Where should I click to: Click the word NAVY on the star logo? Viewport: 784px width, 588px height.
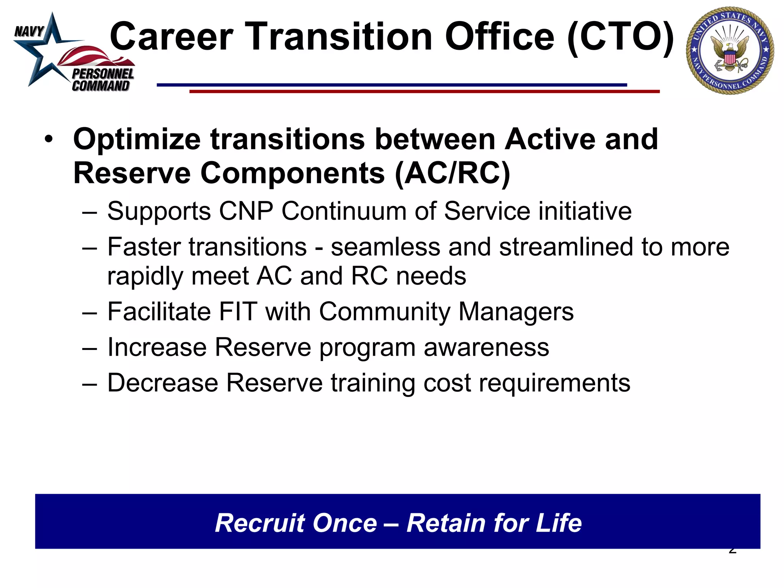click(29, 31)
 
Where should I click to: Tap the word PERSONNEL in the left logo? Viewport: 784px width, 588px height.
click(103, 74)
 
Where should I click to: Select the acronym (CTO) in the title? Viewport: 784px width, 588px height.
click(620, 37)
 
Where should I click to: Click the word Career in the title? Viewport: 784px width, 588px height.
click(171, 37)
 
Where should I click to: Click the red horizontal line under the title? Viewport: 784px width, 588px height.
click(424, 91)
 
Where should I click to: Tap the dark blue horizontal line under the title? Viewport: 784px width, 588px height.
click(391, 85)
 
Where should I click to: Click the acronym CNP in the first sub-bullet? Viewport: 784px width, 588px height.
click(246, 211)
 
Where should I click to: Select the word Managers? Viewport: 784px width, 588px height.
click(516, 311)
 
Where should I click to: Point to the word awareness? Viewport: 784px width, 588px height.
click(486, 347)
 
